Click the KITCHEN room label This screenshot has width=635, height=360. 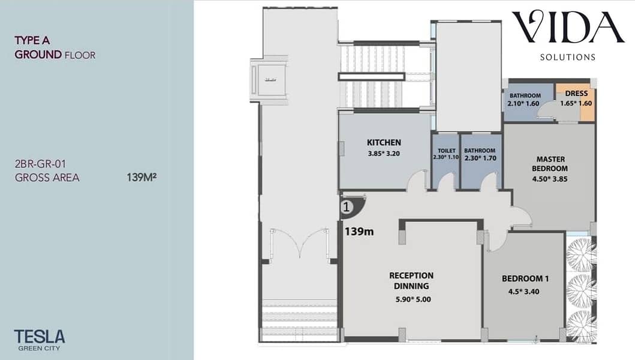point(384,142)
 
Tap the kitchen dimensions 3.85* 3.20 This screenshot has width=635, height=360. point(384,154)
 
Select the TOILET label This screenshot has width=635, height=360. point(446,151)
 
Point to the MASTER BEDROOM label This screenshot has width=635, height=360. point(549,164)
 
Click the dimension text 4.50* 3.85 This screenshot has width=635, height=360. point(549,179)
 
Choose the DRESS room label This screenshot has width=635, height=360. point(576,93)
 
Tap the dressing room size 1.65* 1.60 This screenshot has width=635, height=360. point(576,103)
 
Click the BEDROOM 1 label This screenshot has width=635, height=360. point(525,278)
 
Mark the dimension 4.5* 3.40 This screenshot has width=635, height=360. point(523,292)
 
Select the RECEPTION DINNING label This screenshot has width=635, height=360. point(411,281)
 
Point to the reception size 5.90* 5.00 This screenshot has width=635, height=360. point(413,299)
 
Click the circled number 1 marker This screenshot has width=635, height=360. point(347,207)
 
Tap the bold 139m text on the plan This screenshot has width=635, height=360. point(359,232)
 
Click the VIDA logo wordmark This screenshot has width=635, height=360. point(568,27)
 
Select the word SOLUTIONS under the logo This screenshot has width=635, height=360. point(568,57)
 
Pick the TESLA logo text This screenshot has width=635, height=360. point(40,337)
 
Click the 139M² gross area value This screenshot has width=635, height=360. point(142,177)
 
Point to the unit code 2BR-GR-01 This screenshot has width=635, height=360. point(40,164)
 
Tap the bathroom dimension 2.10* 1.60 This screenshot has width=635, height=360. point(523,103)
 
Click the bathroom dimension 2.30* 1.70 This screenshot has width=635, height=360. point(480,158)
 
